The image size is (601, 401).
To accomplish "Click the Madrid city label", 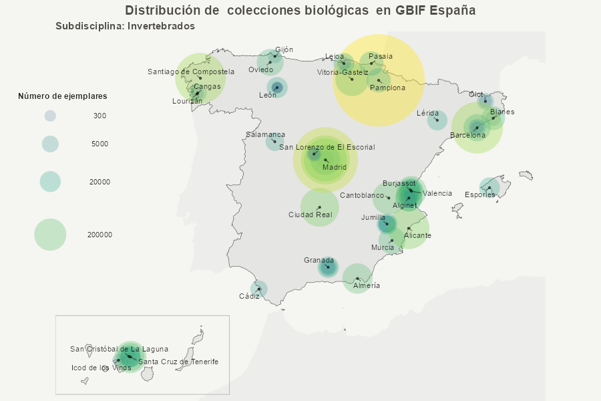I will click(x=335, y=168).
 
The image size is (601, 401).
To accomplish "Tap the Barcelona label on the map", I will click(x=467, y=135).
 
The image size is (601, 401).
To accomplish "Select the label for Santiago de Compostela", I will click(x=191, y=72).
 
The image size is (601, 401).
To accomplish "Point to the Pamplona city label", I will click(x=387, y=88).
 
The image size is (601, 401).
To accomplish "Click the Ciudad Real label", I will click(x=310, y=215).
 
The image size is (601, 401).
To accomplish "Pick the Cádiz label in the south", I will click(x=249, y=296).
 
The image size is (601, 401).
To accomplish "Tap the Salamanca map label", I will click(x=265, y=134).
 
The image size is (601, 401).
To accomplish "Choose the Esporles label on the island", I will click(x=480, y=194).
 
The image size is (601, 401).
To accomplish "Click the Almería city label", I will click(x=367, y=285).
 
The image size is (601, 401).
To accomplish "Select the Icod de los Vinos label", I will click(x=102, y=368).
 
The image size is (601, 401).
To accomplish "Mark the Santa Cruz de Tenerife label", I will click(x=178, y=362).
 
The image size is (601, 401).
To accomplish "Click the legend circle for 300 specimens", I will click(x=50, y=116).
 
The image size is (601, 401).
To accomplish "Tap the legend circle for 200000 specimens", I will click(x=50, y=235).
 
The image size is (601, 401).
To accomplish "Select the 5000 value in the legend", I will click(x=100, y=144).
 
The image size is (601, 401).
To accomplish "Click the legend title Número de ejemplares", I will click(x=62, y=96).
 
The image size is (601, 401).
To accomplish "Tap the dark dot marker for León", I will click(x=277, y=88).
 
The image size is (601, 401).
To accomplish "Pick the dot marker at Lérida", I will click(x=437, y=120).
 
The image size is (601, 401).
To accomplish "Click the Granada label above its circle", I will click(x=319, y=260).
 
